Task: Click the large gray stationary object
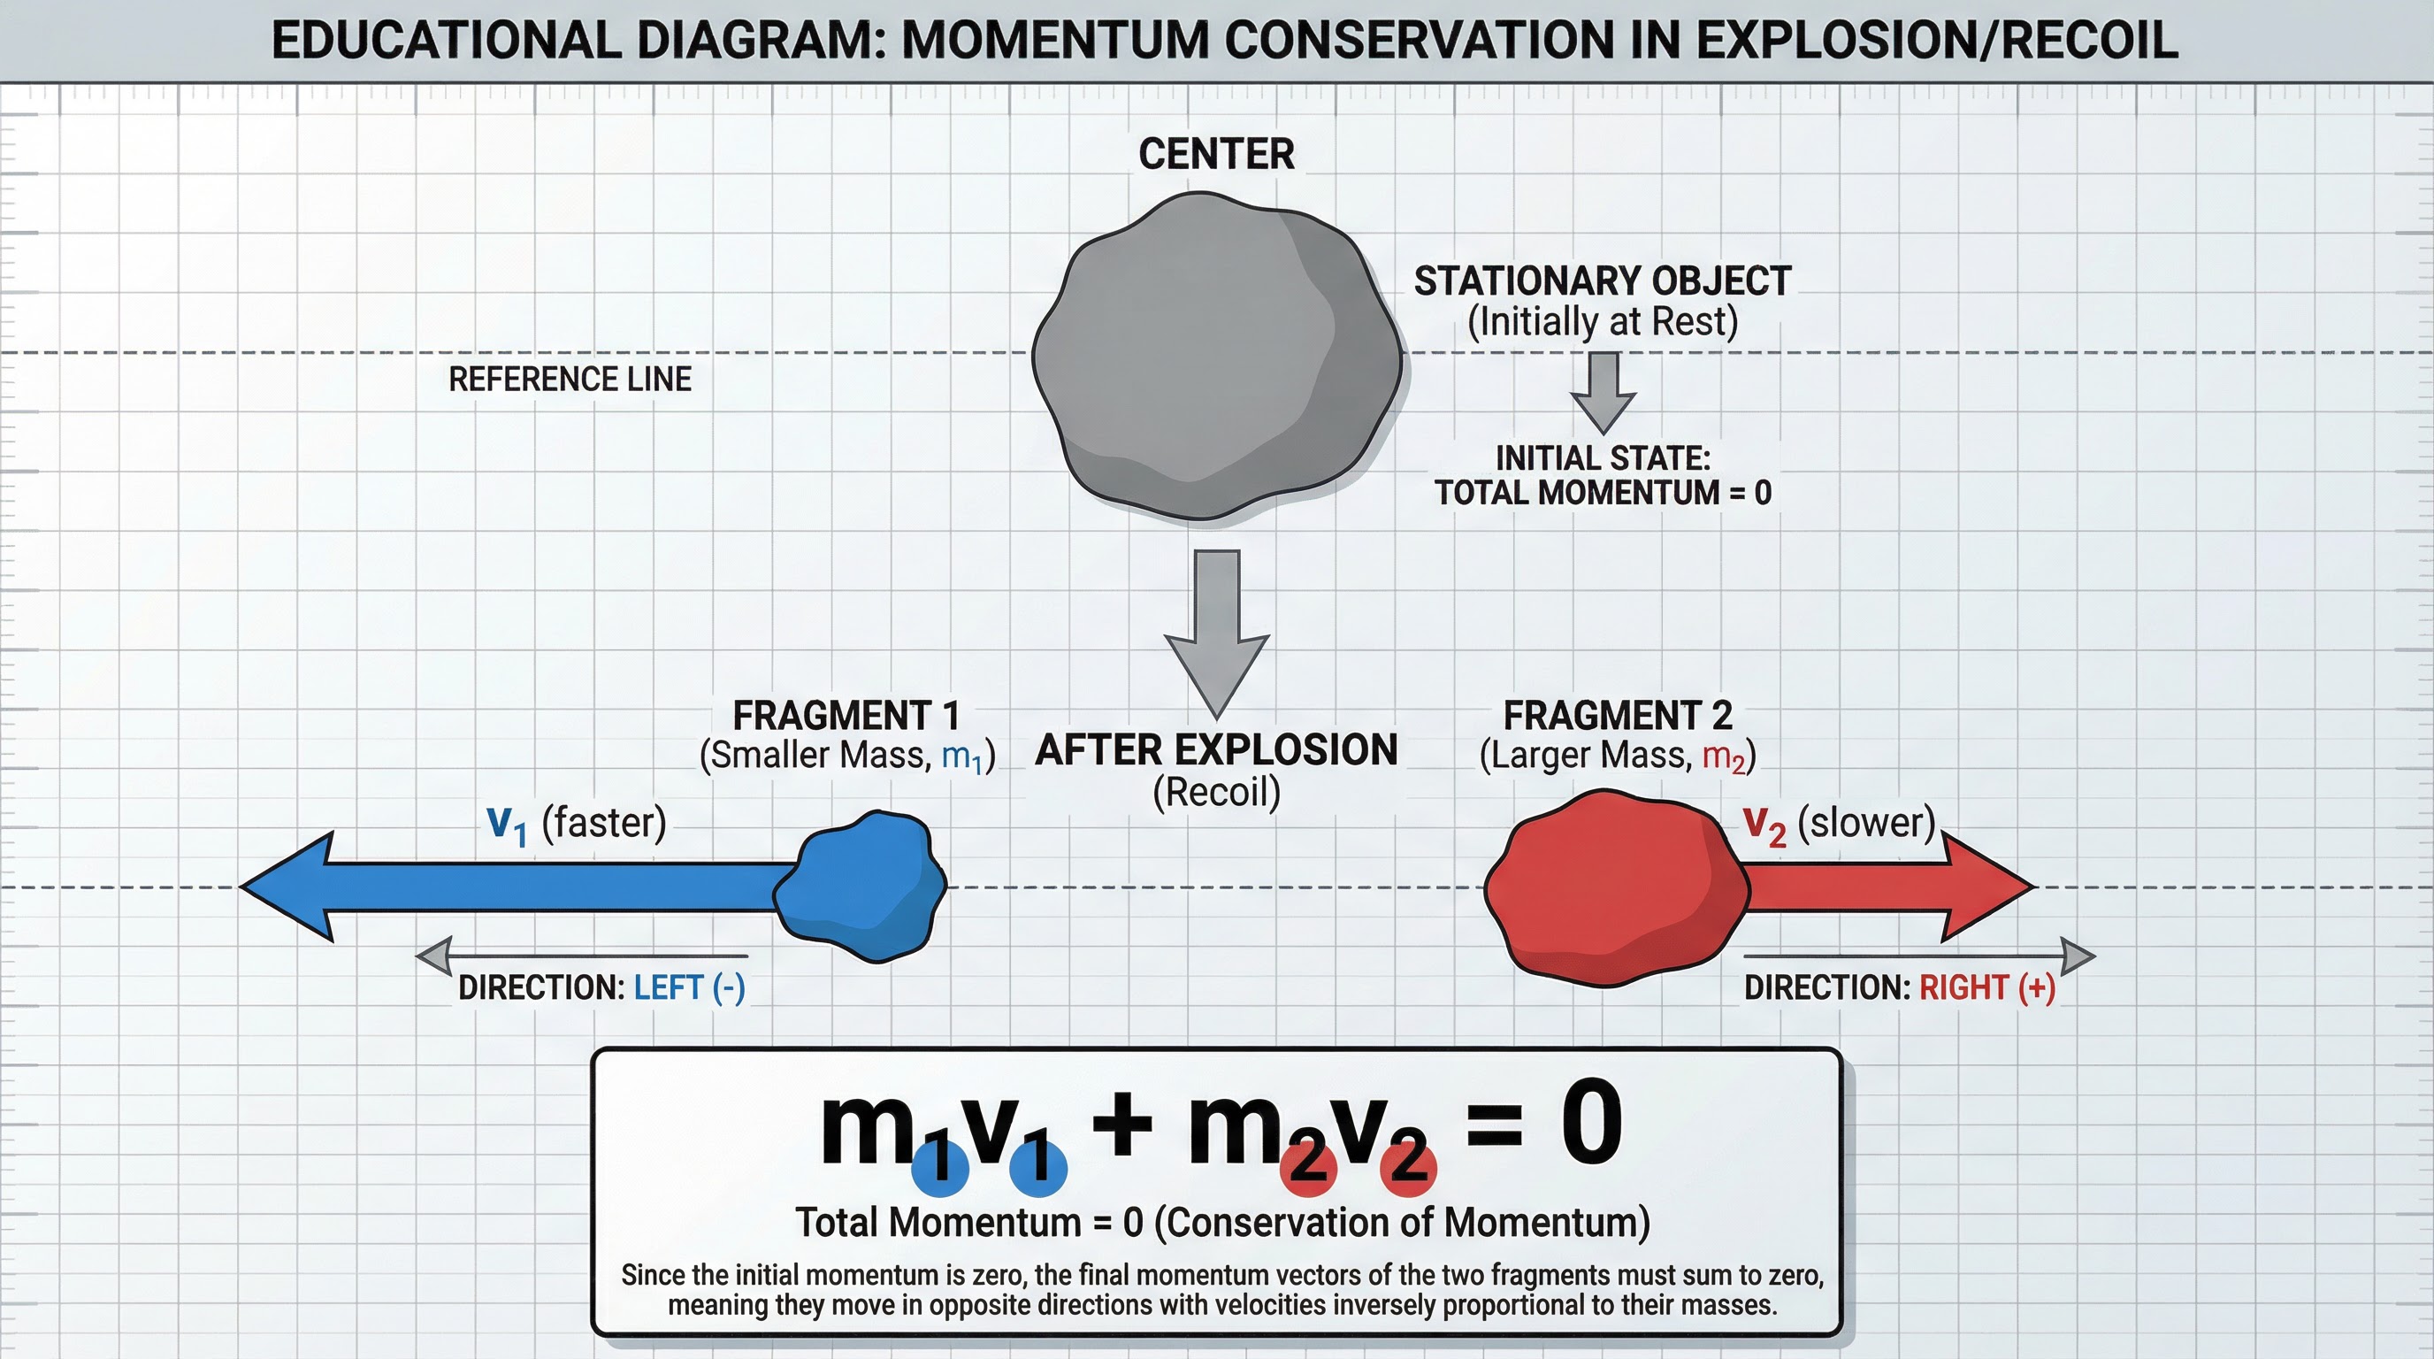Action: pyautogui.click(x=1216, y=357)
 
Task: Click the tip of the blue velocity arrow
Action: pyautogui.click(x=248, y=887)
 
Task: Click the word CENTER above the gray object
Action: pyautogui.click(x=1216, y=154)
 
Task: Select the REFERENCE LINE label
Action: pyautogui.click(x=570, y=379)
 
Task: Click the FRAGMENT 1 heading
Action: pyautogui.click(x=846, y=716)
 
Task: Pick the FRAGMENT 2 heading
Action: pyautogui.click(x=1618, y=716)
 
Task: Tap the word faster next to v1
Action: pyautogui.click(x=604, y=822)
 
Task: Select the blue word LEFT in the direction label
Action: pyautogui.click(x=668, y=987)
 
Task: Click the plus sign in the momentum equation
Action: pyautogui.click(x=1121, y=1125)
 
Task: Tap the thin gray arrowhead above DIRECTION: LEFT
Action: pyautogui.click(x=434, y=956)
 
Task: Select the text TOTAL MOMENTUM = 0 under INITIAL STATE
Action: pyautogui.click(x=1603, y=493)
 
